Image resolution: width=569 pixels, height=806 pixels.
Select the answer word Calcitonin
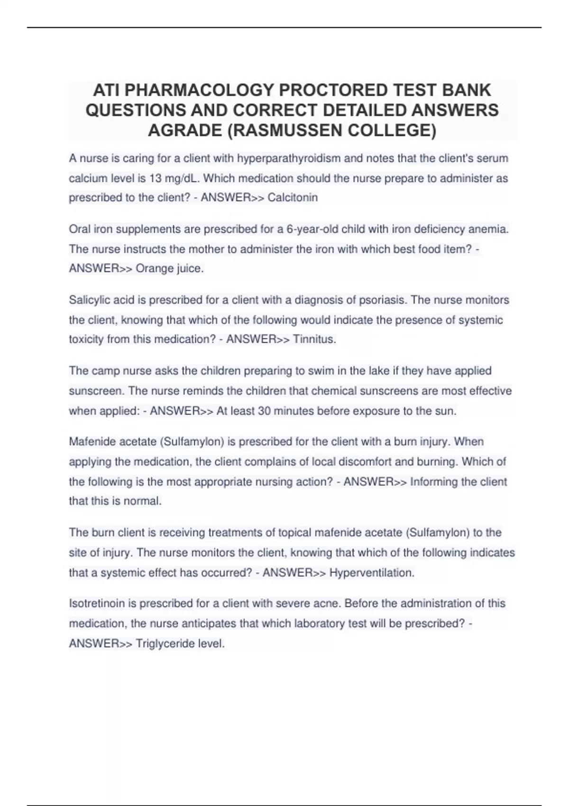(x=293, y=198)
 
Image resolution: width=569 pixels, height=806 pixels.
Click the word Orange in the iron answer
(x=153, y=268)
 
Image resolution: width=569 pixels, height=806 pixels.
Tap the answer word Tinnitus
(x=314, y=339)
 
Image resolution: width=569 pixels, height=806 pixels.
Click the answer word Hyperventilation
(x=372, y=573)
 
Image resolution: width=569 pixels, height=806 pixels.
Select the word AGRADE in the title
(x=185, y=130)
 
